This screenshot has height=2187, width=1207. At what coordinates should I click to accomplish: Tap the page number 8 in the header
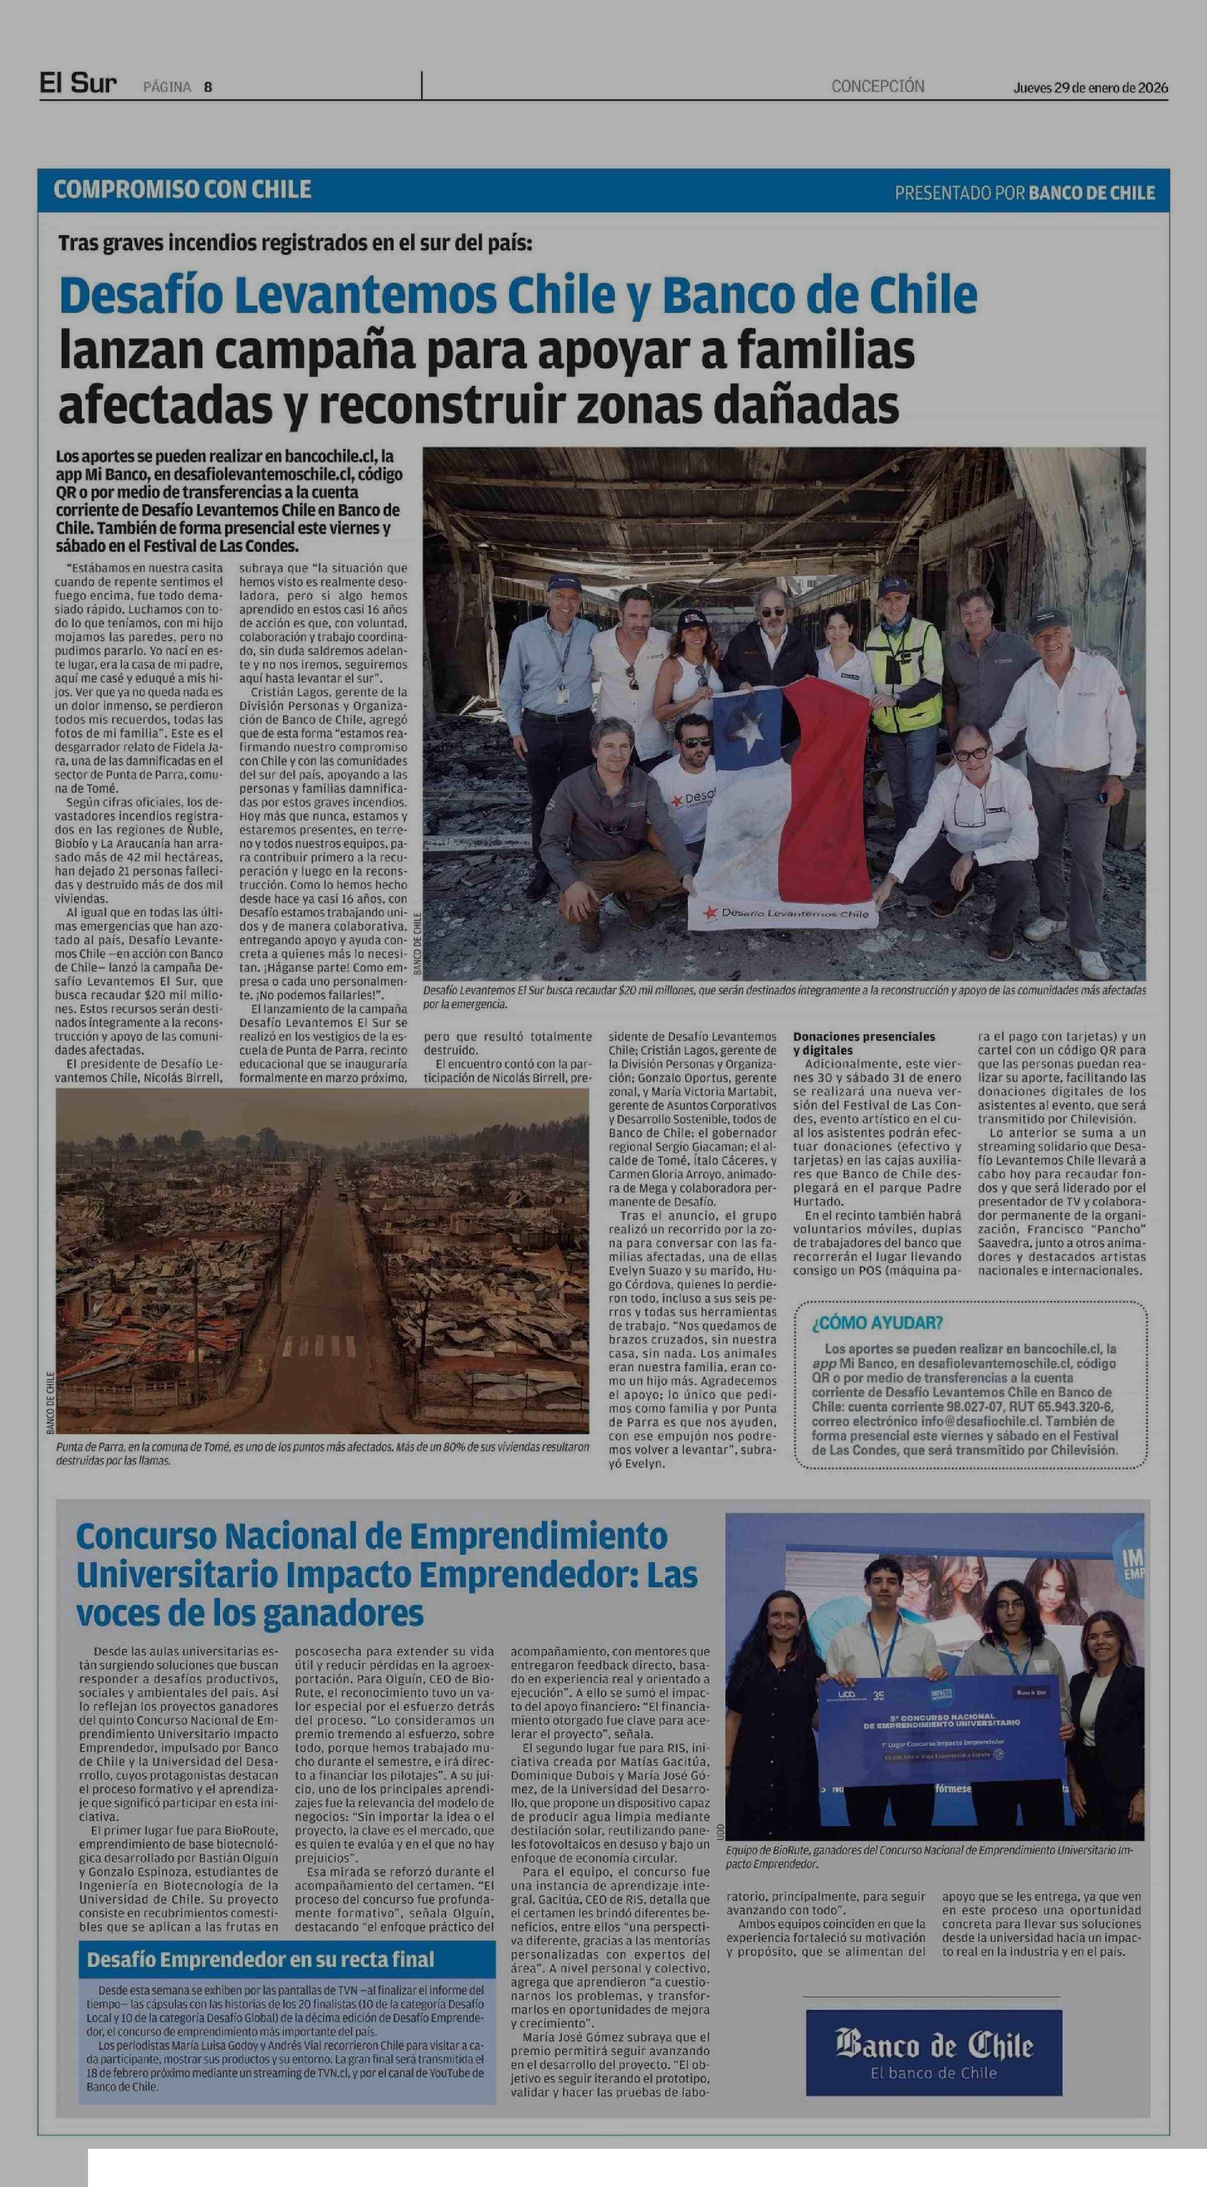tap(208, 86)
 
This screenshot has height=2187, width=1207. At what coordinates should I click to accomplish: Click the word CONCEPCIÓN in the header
tap(878, 86)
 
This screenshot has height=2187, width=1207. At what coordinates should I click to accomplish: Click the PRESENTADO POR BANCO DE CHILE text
tap(1024, 193)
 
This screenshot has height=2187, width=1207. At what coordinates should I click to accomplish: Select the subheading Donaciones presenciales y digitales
tap(864, 1043)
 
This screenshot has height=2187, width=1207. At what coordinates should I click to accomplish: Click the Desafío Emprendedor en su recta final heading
tap(260, 1959)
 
